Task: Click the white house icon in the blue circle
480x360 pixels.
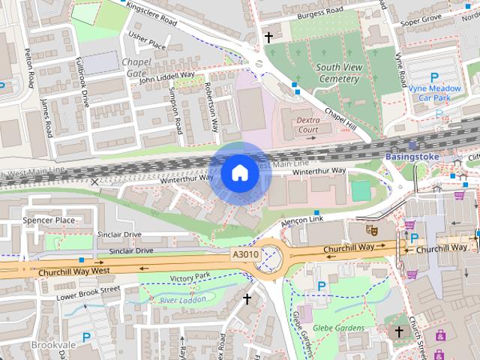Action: [x=239, y=173]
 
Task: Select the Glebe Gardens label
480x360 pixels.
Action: [x=339, y=328]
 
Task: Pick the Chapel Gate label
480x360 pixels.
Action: [x=136, y=67]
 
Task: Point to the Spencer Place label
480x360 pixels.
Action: [x=49, y=220]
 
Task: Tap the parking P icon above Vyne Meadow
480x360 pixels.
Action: [x=434, y=76]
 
